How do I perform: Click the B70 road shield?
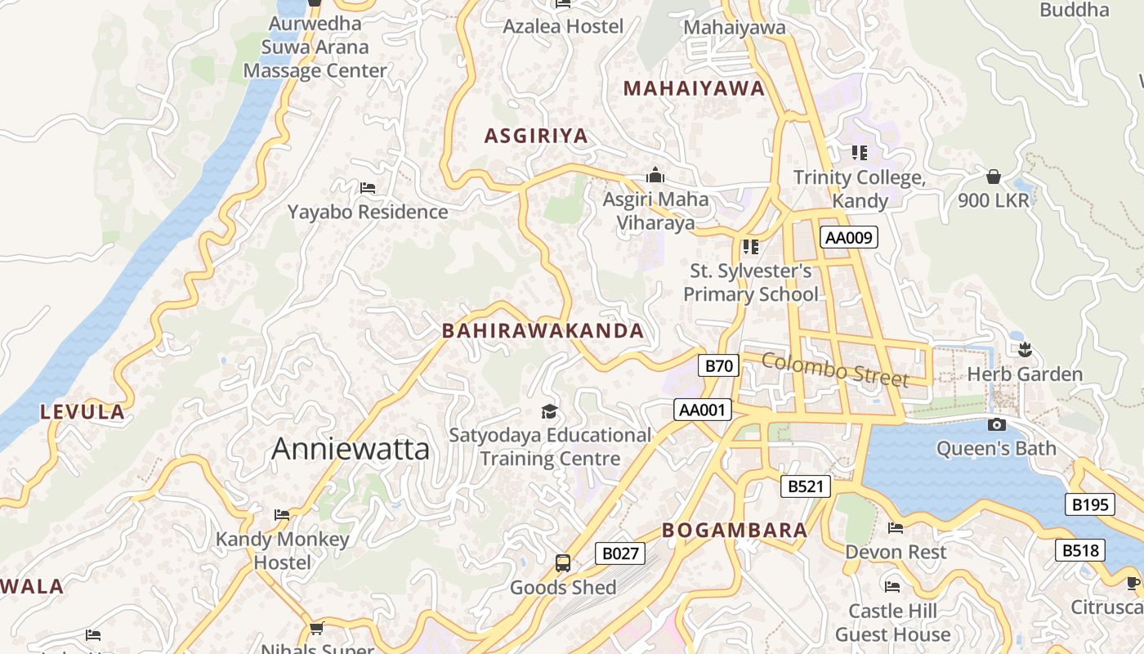(x=719, y=365)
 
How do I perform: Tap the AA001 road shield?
(x=703, y=410)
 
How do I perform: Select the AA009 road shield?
(x=849, y=238)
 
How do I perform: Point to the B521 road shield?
(x=805, y=486)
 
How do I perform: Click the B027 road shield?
(x=620, y=553)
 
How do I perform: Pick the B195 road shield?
(x=1090, y=504)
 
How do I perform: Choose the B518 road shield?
(x=1080, y=550)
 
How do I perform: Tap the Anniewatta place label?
(x=350, y=449)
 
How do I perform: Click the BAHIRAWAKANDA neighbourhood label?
(x=543, y=331)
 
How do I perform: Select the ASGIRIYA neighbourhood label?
(x=536, y=136)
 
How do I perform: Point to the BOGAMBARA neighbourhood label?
(x=735, y=530)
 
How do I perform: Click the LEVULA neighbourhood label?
(x=83, y=412)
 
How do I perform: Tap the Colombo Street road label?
(x=835, y=370)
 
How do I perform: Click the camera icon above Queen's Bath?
(x=996, y=424)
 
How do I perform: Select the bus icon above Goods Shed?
(x=563, y=562)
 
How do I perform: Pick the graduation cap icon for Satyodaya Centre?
(x=549, y=411)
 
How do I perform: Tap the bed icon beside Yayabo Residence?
(x=368, y=188)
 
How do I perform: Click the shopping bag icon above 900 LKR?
(x=994, y=176)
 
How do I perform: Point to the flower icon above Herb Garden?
(x=1025, y=350)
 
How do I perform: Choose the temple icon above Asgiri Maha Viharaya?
(x=655, y=175)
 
